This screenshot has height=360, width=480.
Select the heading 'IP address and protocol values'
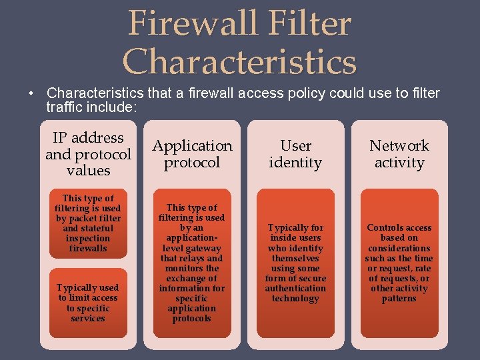point(88,154)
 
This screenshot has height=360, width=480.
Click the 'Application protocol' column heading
point(192,154)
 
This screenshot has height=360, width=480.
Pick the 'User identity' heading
point(295,154)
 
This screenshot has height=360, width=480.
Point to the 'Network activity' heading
point(399,154)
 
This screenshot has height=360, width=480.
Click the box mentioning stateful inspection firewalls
point(88,223)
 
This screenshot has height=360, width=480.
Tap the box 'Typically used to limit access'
point(88,303)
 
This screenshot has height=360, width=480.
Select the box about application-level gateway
point(192,263)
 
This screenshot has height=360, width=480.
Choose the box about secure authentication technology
point(295,263)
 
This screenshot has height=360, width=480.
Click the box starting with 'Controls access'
point(399,263)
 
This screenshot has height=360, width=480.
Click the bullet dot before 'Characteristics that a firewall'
point(31,93)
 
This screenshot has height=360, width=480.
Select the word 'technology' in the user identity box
point(295,299)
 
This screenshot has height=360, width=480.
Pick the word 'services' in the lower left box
point(88,319)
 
